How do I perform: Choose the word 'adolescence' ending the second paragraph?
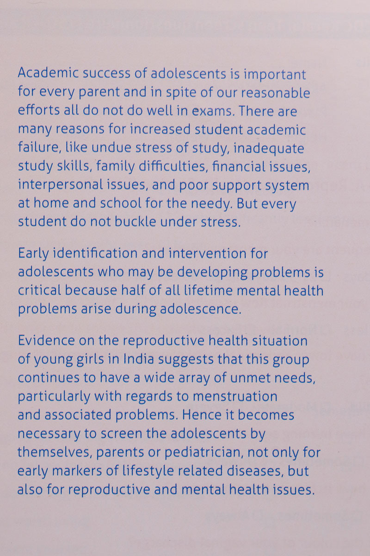[x=206, y=309]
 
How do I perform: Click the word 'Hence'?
[x=215, y=414]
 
